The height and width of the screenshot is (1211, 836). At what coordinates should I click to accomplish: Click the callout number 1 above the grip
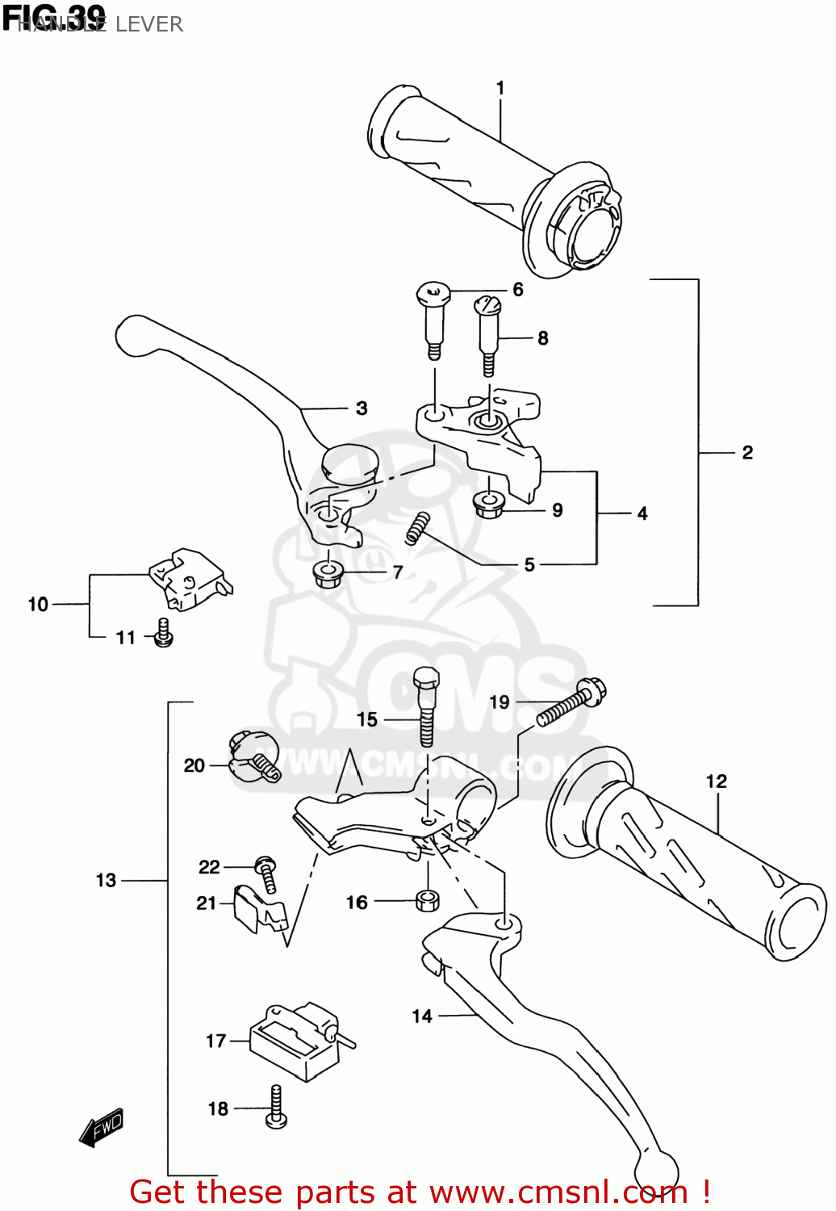tap(500, 87)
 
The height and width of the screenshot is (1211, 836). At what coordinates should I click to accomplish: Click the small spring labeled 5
tap(416, 528)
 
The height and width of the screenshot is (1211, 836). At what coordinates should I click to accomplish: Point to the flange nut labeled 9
tap(489, 505)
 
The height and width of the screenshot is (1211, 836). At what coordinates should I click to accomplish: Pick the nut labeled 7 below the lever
tap(326, 574)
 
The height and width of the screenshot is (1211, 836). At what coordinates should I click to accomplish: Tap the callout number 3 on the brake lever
tap(362, 409)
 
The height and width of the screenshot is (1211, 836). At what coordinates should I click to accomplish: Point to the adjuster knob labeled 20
tap(252, 756)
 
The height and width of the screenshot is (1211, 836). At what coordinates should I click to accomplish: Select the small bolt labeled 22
tap(266, 873)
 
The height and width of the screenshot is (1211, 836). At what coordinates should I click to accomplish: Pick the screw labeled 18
tap(276, 1108)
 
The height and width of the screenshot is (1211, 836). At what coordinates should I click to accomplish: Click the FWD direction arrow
tap(102, 1126)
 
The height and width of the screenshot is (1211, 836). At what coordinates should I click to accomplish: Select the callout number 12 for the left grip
tap(716, 781)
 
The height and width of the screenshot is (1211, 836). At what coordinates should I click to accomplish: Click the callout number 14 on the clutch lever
tap(422, 1016)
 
